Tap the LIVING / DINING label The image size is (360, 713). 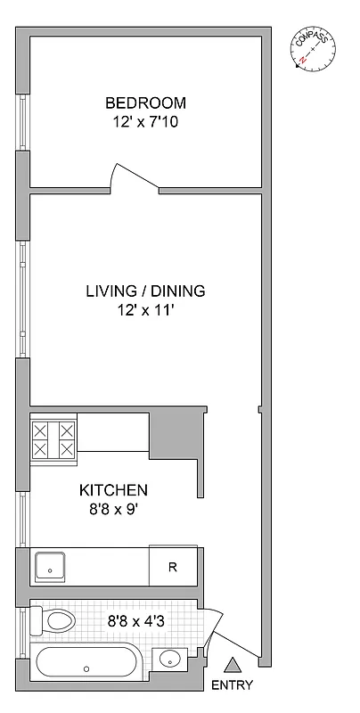tap(145, 291)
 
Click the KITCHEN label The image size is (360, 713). tap(113, 490)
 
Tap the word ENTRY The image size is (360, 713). tap(233, 685)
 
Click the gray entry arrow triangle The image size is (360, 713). tap(233, 665)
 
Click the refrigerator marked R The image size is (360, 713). tap(172, 566)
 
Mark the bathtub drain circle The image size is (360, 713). tap(86, 668)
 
